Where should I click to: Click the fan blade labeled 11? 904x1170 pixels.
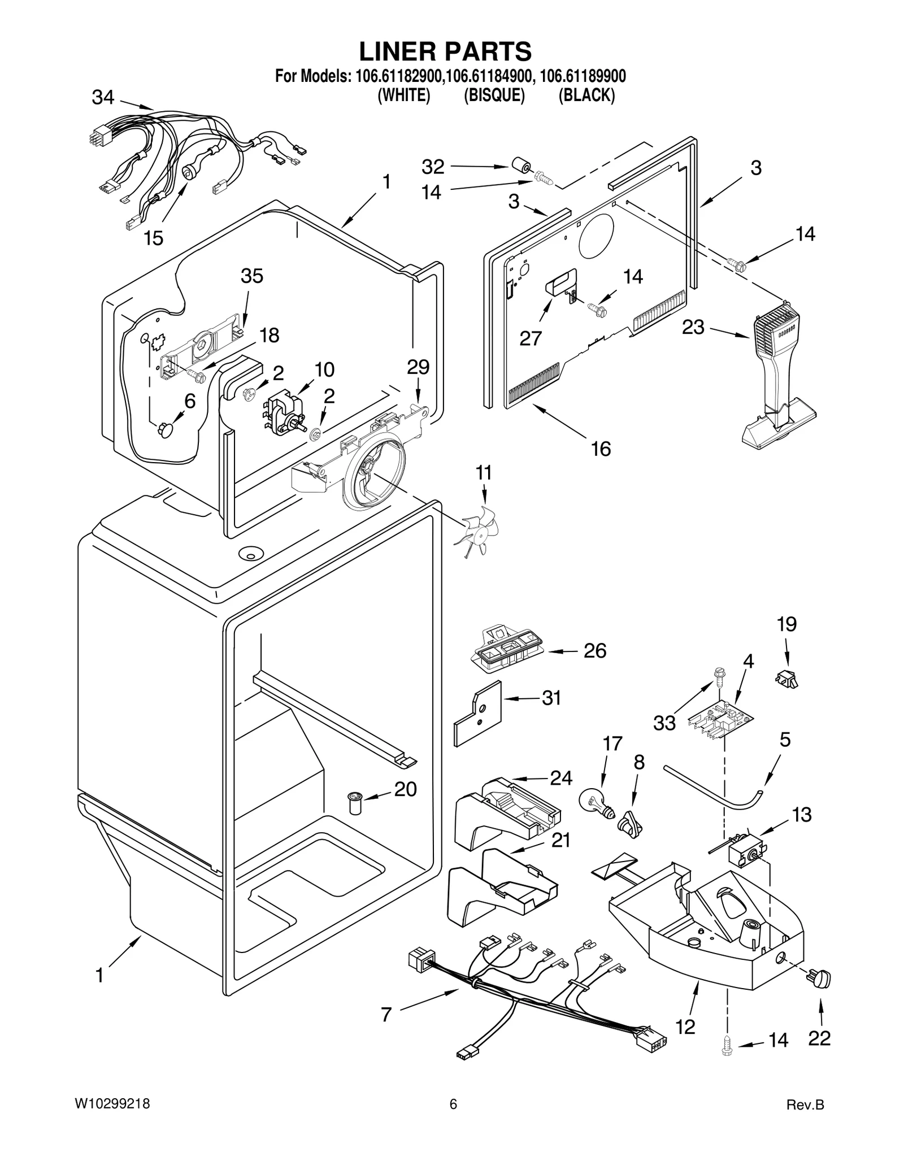pyautogui.click(x=476, y=532)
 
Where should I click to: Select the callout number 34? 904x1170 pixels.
pyautogui.click(x=103, y=98)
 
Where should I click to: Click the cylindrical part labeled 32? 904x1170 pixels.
pyautogui.click(x=520, y=166)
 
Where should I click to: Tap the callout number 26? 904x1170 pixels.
pyautogui.click(x=594, y=651)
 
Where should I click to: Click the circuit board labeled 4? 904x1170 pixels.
pyautogui.click(x=721, y=720)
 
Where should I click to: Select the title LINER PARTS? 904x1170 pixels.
pyautogui.click(x=445, y=51)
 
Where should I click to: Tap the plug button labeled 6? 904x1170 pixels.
pyautogui.click(x=167, y=430)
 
